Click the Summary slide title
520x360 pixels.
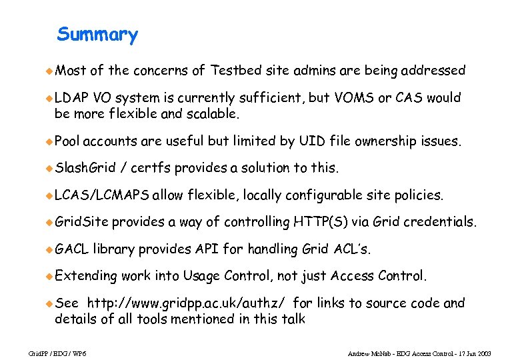[x=97, y=35]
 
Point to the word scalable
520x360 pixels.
[x=213, y=113]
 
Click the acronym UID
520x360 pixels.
[x=313, y=141]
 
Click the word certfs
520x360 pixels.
[x=151, y=168]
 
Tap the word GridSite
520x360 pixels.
[x=81, y=222]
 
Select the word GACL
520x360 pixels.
[x=71, y=249]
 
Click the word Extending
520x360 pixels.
[x=85, y=276]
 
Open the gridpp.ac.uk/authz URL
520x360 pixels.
[x=189, y=303]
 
